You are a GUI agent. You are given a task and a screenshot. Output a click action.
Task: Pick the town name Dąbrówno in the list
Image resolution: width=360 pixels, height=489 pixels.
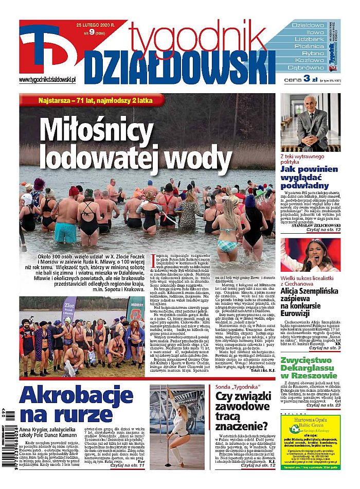pos(305,67)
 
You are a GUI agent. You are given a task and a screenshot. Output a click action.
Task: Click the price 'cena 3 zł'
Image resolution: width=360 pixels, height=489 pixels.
pos(301,79)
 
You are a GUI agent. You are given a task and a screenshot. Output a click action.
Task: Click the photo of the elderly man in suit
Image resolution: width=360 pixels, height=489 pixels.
pos(310,122)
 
